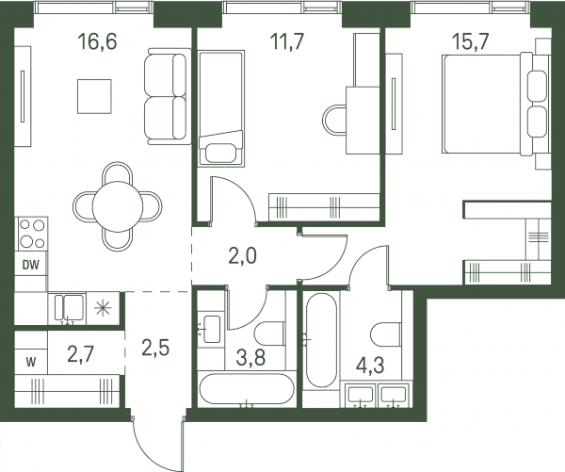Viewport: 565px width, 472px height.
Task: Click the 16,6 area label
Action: (x=97, y=41)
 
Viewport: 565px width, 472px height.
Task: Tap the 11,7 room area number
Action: (x=287, y=41)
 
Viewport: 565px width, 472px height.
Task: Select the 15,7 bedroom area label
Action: (x=471, y=41)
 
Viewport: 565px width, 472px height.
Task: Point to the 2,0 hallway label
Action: (x=243, y=256)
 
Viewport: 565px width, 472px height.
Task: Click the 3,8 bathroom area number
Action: (x=250, y=358)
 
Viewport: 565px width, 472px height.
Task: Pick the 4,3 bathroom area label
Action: (x=370, y=366)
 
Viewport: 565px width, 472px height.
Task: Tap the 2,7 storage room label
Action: (x=81, y=354)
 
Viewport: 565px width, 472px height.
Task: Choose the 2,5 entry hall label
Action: (x=155, y=348)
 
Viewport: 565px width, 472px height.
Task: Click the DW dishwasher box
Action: (x=31, y=265)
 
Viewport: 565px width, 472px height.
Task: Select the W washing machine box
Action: (x=31, y=362)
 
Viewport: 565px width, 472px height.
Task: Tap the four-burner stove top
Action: (x=32, y=234)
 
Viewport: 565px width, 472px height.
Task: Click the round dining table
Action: (x=118, y=206)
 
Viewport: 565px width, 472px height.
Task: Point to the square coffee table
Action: (x=94, y=97)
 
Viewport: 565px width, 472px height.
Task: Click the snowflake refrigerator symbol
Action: (x=103, y=309)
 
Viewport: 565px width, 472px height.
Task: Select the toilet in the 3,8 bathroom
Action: (x=269, y=334)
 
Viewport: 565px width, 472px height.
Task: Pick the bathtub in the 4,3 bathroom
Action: (x=321, y=340)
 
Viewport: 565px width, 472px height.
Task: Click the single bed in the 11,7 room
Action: (x=221, y=108)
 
